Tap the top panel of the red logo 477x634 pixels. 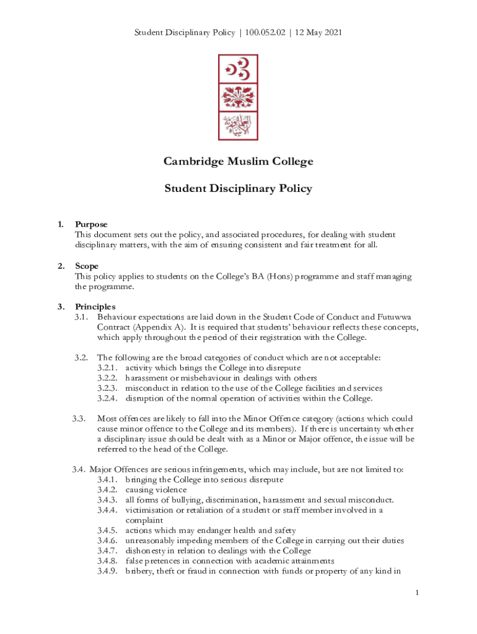pyautogui.click(x=239, y=68)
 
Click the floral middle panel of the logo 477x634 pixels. pyautogui.click(x=239, y=97)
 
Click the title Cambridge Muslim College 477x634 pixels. pyautogui.click(x=239, y=162)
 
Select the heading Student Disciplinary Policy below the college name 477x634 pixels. pyautogui.click(x=239, y=188)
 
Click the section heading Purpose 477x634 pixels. pyautogui.click(x=91, y=225)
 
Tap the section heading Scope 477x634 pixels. pyautogui.click(x=87, y=266)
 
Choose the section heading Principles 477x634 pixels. pyautogui.click(x=95, y=306)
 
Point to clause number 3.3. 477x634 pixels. pyautogui.click(x=78, y=419)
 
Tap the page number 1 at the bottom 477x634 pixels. pyautogui.click(x=418, y=594)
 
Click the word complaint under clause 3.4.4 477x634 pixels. pyautogui.click(x=144, y=520)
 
